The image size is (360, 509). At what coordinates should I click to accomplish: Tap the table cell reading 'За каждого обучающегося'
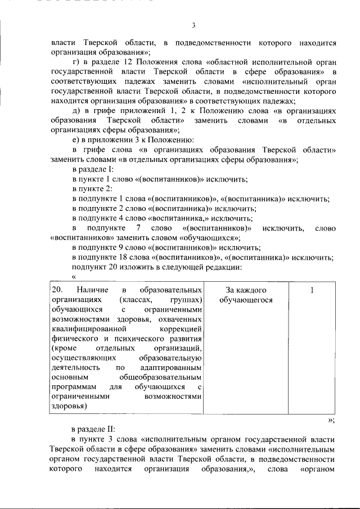point(246,295)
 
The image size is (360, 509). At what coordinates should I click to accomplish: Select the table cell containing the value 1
point(312,290)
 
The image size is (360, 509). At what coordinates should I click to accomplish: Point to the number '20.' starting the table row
point(56,290)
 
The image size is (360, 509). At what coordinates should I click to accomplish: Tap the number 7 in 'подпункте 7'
point(138,228)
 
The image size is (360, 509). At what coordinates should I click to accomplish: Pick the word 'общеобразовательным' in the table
point(166,378)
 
